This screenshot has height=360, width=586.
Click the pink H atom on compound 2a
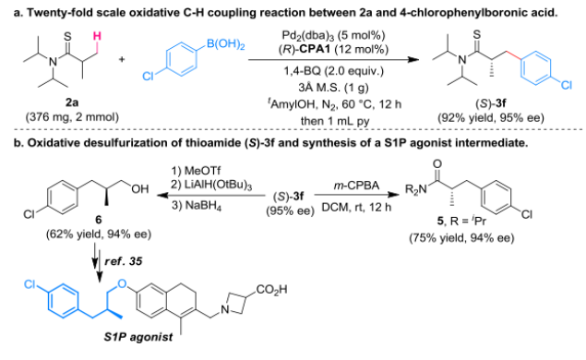(x=97, y=36)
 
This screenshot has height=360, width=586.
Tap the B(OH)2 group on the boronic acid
(x=226, y=44)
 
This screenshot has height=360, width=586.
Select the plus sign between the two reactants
(x=122, y=59)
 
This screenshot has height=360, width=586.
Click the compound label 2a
(x=72, y=102)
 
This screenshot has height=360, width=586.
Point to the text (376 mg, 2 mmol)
(x=72, y=117)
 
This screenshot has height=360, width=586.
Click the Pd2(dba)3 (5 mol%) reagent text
(x=333, y=35)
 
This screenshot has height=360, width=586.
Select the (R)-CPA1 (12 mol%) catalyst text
(x=333, y=50)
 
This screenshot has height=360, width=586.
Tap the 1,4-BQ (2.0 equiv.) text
(x=333, y=71)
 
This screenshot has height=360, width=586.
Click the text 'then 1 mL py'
(x=333, y=121)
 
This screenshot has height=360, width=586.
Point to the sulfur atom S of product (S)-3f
(x=477, y=34)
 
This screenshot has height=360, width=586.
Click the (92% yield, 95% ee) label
(x=491, y=118)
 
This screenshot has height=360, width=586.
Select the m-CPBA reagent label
(x=356, y=186)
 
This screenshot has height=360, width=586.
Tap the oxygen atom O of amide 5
(x=437, y=163)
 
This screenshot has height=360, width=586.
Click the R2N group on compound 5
(x=416, y=190)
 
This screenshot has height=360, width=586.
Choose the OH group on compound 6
(x=140, y=189)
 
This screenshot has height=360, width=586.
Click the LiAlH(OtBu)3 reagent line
(x=211, y=186)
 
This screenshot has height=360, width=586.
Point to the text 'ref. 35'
(x=124, y=261)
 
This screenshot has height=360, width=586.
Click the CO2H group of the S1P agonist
(x=271, y=290)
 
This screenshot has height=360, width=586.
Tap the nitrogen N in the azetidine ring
(x=224, y=309)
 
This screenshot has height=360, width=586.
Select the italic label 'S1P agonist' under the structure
(x=138, y=337)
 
